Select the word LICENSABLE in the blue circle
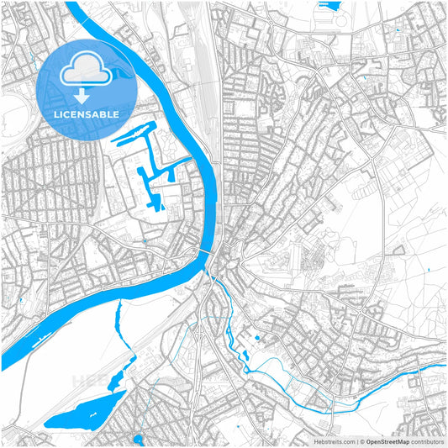coord(87,113)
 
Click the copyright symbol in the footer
coord(362,440)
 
